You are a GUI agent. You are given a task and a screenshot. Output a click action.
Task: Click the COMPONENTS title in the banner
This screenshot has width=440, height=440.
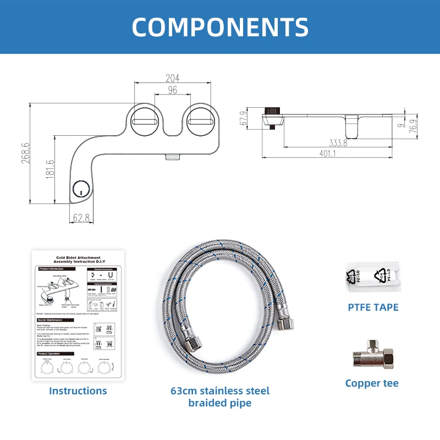220,26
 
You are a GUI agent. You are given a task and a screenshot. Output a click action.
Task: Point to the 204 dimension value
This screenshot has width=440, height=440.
173,78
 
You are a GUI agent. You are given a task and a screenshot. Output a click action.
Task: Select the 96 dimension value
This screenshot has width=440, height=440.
173,90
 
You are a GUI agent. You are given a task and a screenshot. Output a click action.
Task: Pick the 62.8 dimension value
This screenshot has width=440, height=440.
81,218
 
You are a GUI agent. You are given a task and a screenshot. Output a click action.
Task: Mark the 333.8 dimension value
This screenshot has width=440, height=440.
338,144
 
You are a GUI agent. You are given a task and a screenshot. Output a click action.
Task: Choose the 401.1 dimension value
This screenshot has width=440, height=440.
328,154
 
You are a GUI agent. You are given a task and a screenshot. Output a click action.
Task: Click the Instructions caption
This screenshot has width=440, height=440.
78,391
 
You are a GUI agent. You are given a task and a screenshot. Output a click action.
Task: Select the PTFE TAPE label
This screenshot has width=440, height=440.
372,307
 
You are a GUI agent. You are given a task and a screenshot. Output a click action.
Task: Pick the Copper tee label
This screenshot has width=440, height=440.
372,383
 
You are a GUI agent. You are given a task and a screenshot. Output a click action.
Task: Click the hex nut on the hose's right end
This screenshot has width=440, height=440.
285,323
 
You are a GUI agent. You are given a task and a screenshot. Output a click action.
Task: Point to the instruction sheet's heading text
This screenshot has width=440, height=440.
78,260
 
